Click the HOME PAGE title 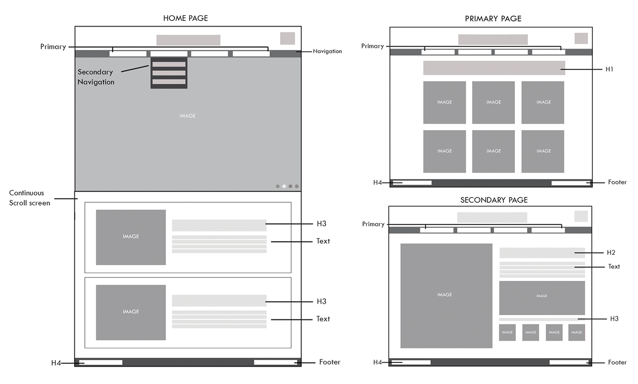click(x=185, y=18)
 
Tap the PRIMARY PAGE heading click(x=493, y=19)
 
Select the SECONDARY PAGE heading click(x=494, y=200)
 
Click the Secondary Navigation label click(x=96, y=77)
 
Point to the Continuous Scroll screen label click(x=30, y=198)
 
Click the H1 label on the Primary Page click(x=609, y=69)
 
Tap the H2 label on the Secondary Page click(x=611, y=252)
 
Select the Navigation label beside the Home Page click(x=327, y=51)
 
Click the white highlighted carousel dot click(x=284, y=186)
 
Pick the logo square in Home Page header click(x=287, y=38)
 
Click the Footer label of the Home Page click(x=330, y=362)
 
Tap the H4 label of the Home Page click(x=56, y=363)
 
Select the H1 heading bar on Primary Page click(x=494, y=68)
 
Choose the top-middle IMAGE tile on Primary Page click(x=493, y=102)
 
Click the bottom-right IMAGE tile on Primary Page click(x=543, y=151)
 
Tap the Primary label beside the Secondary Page click(x=373, y=224)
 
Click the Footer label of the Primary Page click(x=617, y=182)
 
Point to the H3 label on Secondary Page click(x=614, y=319)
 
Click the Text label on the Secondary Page click(x=614, y=266)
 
